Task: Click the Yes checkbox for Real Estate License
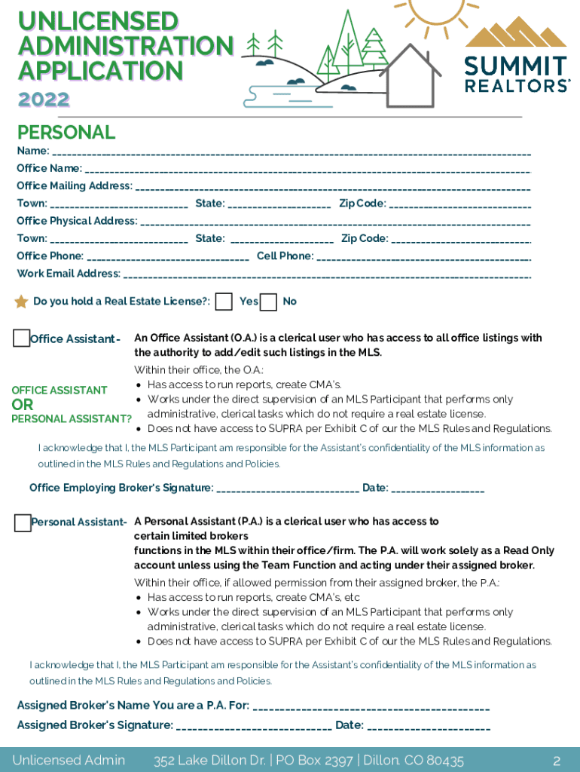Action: coord(224,302)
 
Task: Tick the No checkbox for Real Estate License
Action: coord(268,302)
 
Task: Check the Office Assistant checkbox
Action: coord(22,339)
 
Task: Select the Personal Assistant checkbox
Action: coord(23,522)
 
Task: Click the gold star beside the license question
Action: coord(21,302)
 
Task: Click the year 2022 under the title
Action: coord(44,99)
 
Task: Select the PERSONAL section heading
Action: coord(66,133)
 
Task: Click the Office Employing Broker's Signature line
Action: coord(288,490)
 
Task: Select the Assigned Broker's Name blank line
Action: coord(371,708)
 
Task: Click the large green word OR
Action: coord(23,405)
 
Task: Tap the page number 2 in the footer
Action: coord(556,760)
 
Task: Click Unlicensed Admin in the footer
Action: coord(69,760)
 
